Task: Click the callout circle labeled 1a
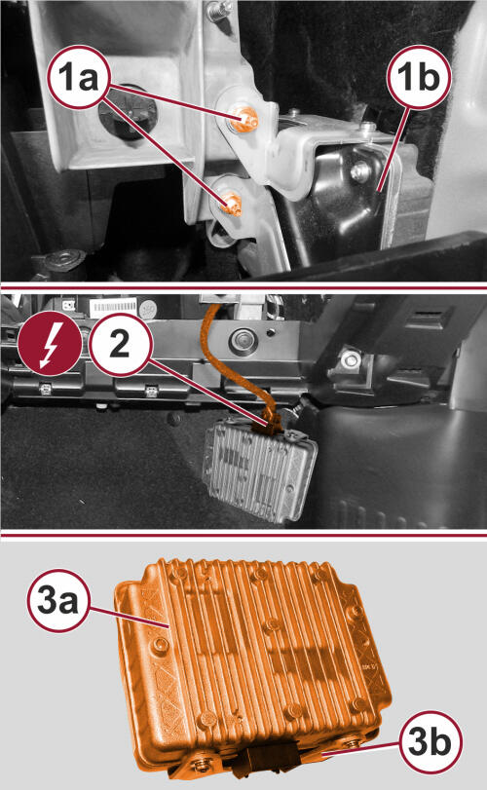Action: [79, 77]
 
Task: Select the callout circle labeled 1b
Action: [419, 77]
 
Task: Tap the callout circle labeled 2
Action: [120, 345]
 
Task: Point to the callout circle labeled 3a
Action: [57, 600]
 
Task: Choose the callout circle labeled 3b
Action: [430, 741]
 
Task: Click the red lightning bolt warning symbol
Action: [50, 344]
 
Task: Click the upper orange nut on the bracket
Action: [246, 120]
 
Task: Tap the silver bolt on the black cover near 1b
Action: [361, 172]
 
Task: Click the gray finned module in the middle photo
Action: [259, 469]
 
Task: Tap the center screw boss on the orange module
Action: [273, 624]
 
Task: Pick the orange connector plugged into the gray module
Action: [272, 427]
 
